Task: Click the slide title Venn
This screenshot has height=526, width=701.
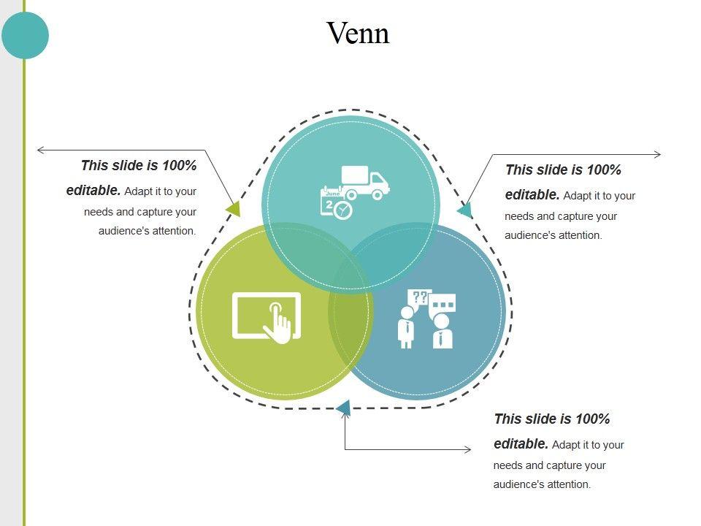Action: [358, 33]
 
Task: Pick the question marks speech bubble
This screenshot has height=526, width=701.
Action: [419, 298]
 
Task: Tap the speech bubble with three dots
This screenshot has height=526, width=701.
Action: [443, 304]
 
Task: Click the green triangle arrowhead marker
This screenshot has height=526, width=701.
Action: [234, 209]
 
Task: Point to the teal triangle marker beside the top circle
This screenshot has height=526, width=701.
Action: [465, 210]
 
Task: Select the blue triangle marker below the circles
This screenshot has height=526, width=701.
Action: [344, 408]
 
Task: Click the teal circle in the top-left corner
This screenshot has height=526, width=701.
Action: [25, 34]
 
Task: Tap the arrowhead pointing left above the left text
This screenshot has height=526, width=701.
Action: [41, 150]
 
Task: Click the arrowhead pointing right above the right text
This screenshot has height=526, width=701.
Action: [657, 154]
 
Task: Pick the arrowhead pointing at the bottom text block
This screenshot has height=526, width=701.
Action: [468, 449]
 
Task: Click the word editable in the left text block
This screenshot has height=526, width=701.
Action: [93, 191]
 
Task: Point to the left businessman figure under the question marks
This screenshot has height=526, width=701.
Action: [405, 327]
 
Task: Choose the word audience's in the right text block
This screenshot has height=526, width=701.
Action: [528, 235]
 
